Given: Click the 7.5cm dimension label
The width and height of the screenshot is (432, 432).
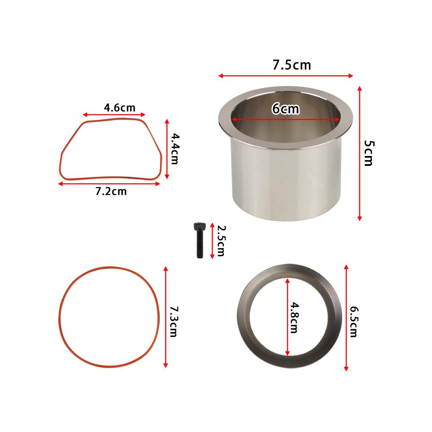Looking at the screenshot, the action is click(292, 65).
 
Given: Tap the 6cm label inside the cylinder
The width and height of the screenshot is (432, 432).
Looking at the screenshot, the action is click(286, 108).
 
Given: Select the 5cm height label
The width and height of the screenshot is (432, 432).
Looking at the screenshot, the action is click(369, 153).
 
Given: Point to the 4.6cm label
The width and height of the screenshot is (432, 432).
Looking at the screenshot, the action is click(120, 108).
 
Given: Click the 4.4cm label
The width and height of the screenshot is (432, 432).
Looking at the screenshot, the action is click(175, 149).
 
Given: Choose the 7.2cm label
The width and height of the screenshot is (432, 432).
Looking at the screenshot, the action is click(111, 191).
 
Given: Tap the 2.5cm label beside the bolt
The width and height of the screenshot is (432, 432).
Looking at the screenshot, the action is click(221, 241).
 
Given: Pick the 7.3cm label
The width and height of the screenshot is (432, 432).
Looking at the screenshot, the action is click(173, 321).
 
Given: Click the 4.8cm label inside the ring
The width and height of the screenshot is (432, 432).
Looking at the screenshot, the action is click(295, 318).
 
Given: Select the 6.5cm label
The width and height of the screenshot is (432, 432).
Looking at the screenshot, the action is click(354, 322).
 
